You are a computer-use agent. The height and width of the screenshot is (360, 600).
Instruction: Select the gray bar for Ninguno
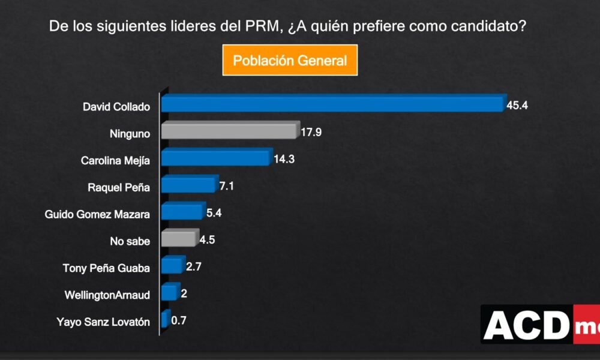pos(229,132)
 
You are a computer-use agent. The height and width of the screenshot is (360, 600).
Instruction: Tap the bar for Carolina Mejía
pos(215,158)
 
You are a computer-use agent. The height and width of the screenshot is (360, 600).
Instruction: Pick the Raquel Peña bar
pos(188,185)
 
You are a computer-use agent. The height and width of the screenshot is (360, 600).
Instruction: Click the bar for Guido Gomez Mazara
pos(182,212)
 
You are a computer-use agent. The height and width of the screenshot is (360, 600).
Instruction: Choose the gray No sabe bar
pos(178,239)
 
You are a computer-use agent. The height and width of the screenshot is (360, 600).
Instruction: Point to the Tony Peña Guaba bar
pos(172,266)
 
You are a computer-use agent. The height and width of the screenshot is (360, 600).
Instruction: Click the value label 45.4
pos(517,106)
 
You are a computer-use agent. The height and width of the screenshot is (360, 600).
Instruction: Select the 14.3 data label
pos(283,160)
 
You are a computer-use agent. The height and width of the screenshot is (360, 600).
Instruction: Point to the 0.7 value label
pos(179,320)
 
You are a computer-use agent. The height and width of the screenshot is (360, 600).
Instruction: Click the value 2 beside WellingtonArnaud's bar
pos(184,293)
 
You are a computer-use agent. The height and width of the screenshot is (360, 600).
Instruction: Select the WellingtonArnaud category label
pos(107,294)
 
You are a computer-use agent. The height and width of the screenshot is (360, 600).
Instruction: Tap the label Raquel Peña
pos(119,187)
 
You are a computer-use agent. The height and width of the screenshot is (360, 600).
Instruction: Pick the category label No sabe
pos(130,241)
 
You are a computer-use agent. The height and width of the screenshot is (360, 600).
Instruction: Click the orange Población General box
pos(290,60)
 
